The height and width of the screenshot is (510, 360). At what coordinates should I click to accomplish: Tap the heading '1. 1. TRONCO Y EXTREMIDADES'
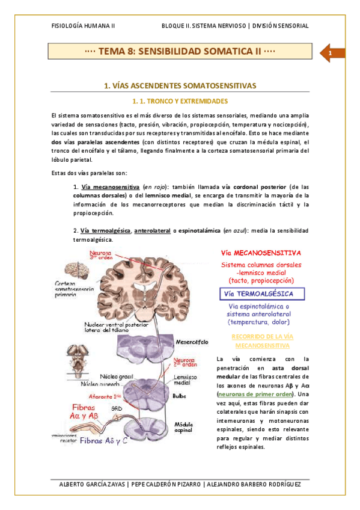[x=180, y=101]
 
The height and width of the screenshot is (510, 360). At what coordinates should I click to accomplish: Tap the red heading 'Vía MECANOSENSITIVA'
[x=261, y=253]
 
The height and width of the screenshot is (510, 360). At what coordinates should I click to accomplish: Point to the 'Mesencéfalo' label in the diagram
[x=192, y=342]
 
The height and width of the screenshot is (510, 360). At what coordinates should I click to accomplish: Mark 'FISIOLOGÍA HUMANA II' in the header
[x=84, y=26]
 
